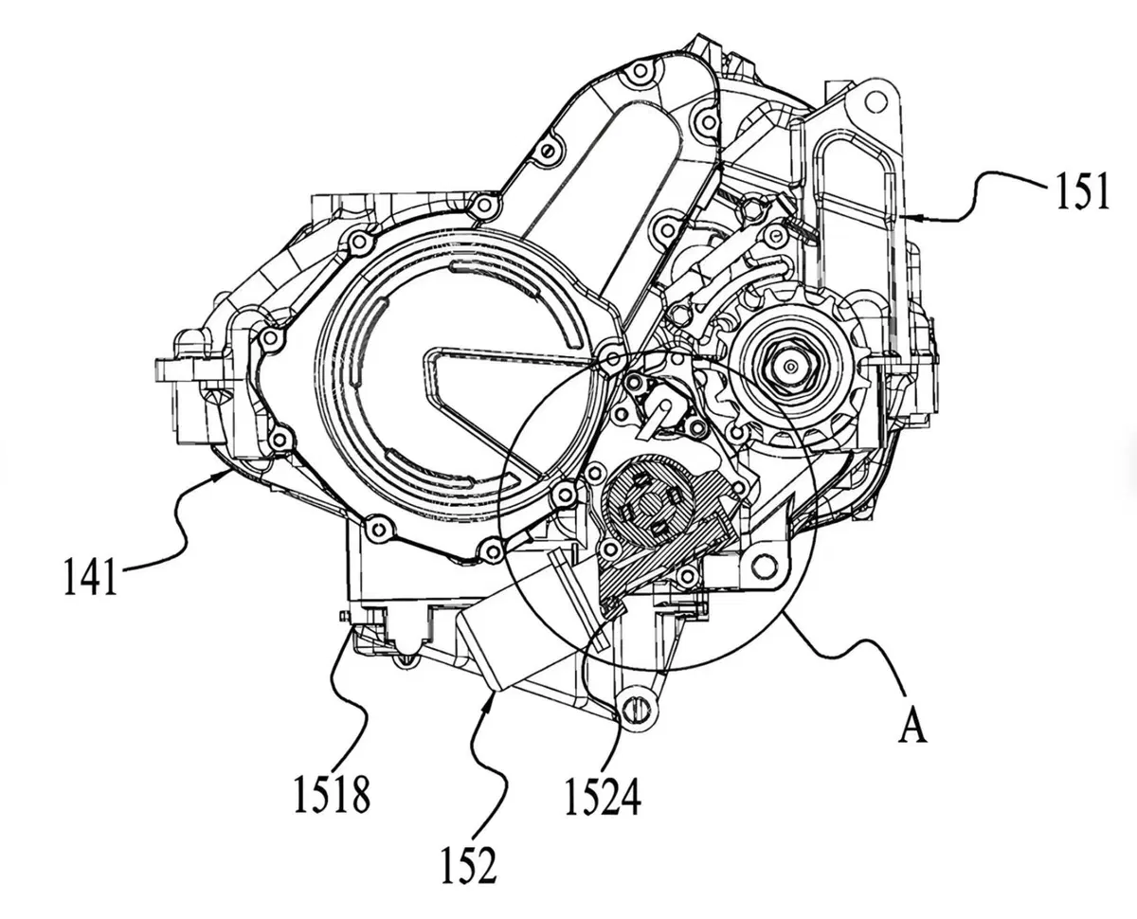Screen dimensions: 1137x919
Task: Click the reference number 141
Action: pyautogui.click(x=90, y=576)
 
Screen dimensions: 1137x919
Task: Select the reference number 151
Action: pyautogui.click(x=1079, y=192)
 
